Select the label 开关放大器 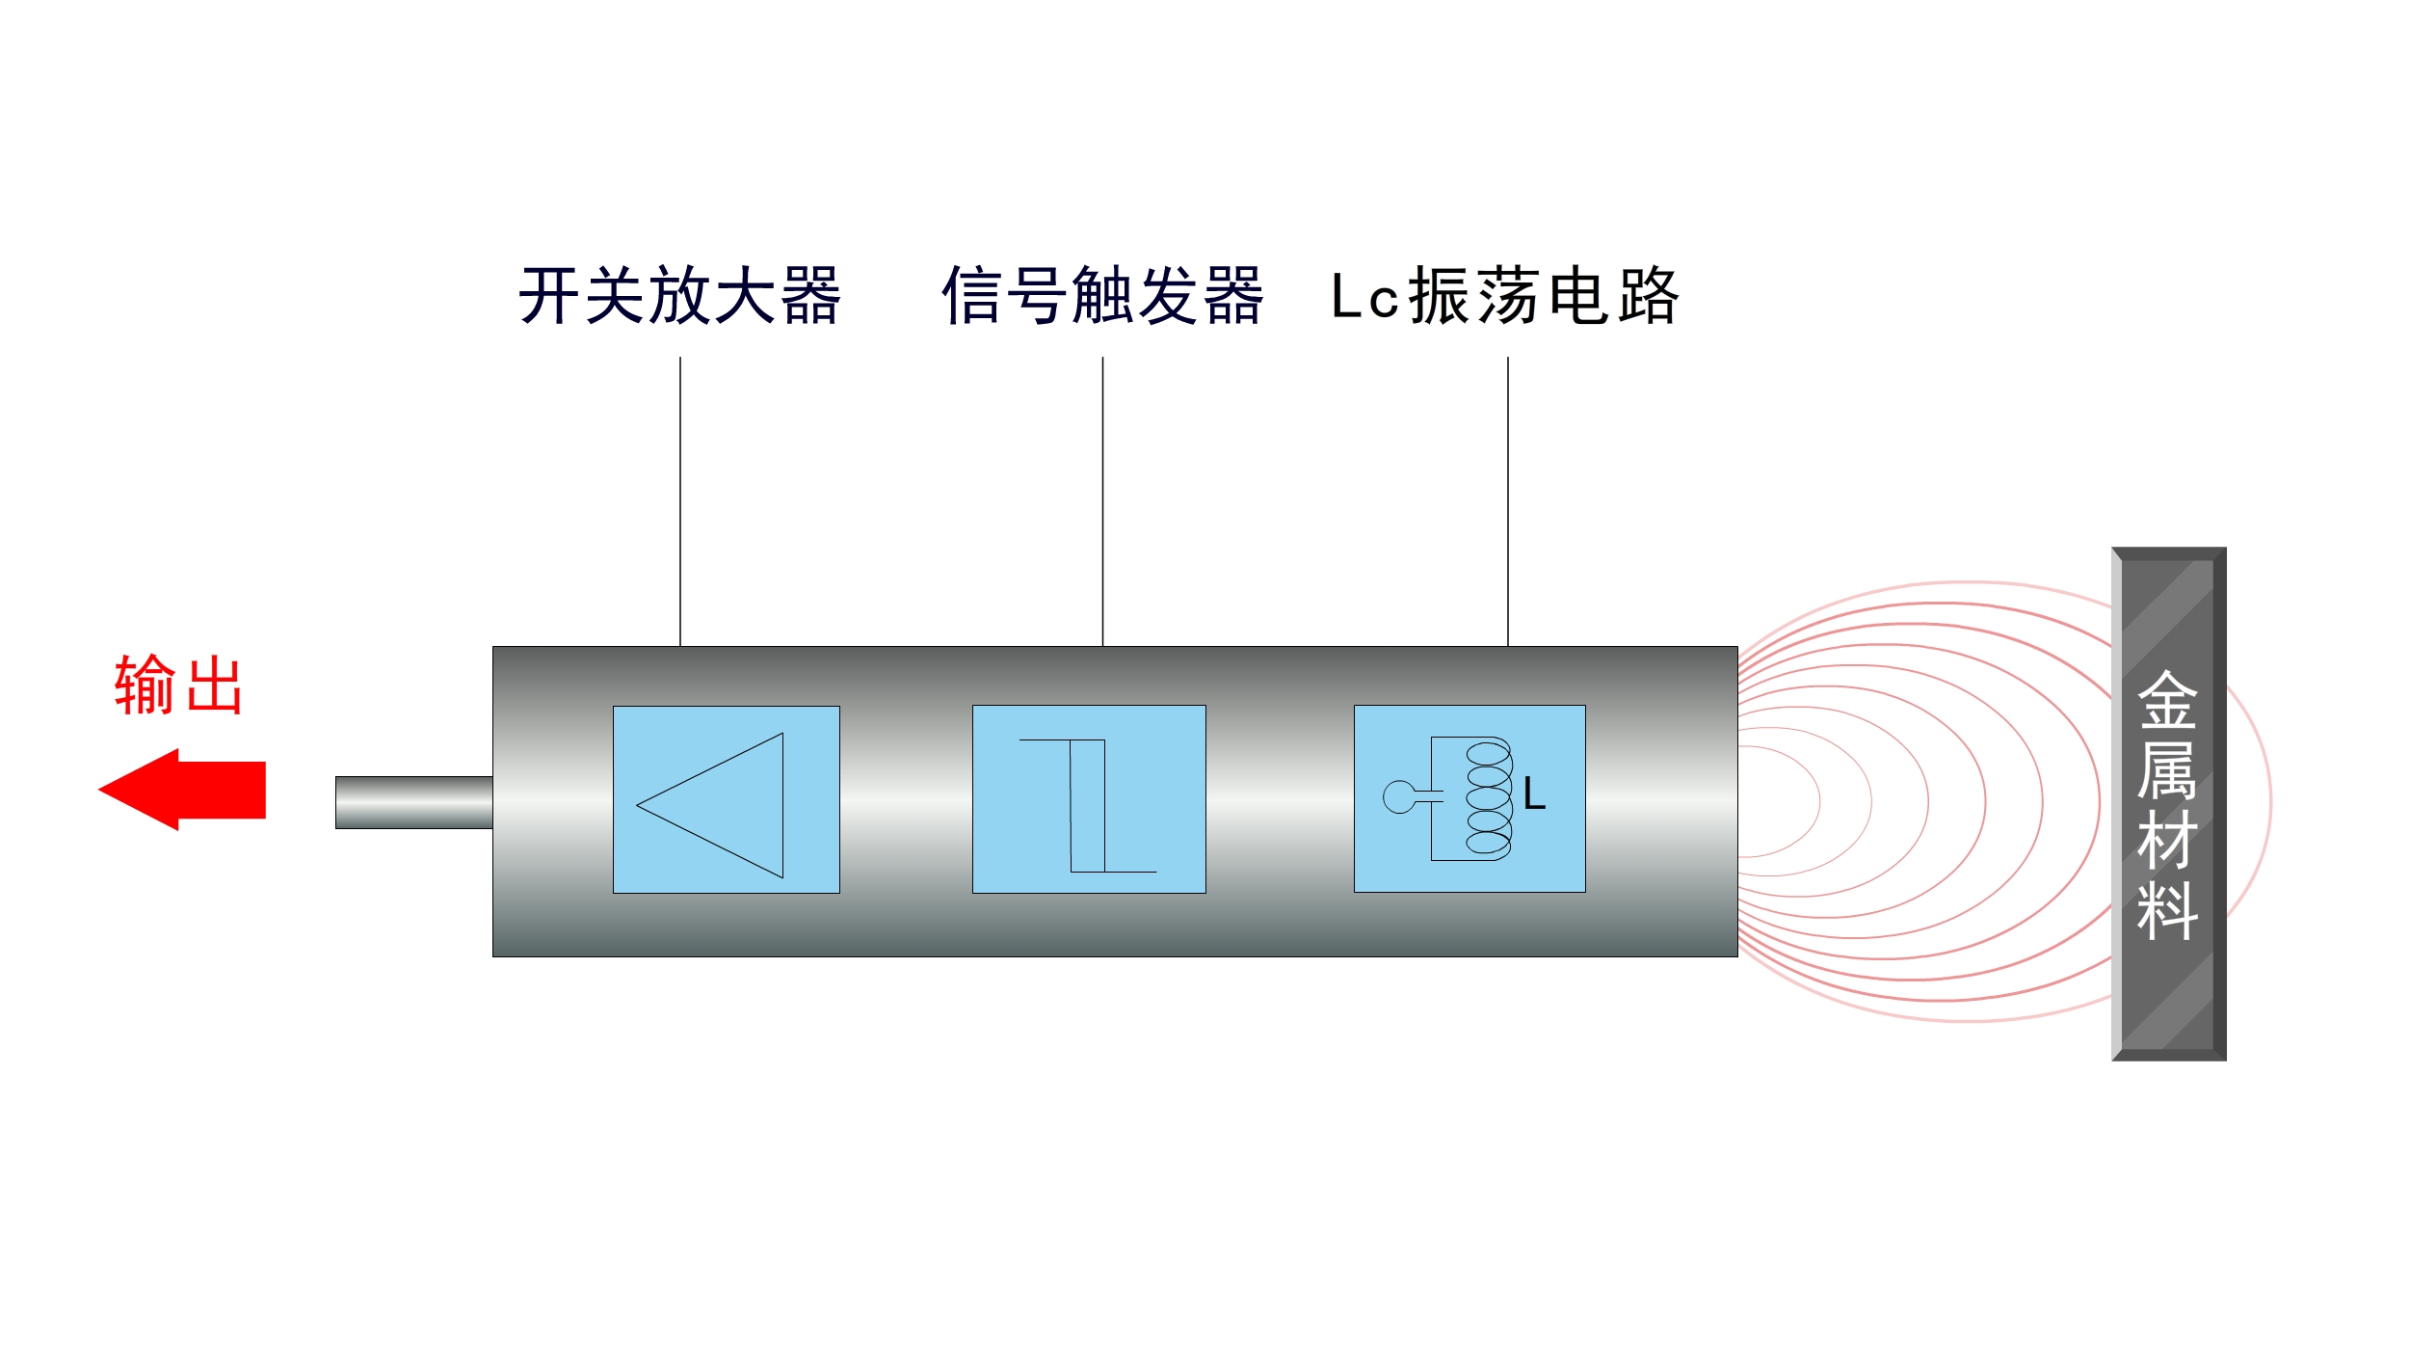(x=679, y=296)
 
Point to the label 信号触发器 (x=1101, y=296)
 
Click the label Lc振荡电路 (x=1505, y=296)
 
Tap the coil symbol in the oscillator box (x=1489, y=799)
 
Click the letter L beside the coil (x=1534, y=795)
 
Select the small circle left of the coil (x=1398, y=797)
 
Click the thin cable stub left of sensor (x=413, y=802)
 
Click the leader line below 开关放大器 (x=680, y=501)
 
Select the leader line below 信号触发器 (x=1102, y=501)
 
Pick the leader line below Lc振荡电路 (x=1508, y=501)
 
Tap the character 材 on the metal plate (x=2167, y=840)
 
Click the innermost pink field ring (x=1818, y=800)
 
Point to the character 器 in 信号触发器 (x=1233, y=296)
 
